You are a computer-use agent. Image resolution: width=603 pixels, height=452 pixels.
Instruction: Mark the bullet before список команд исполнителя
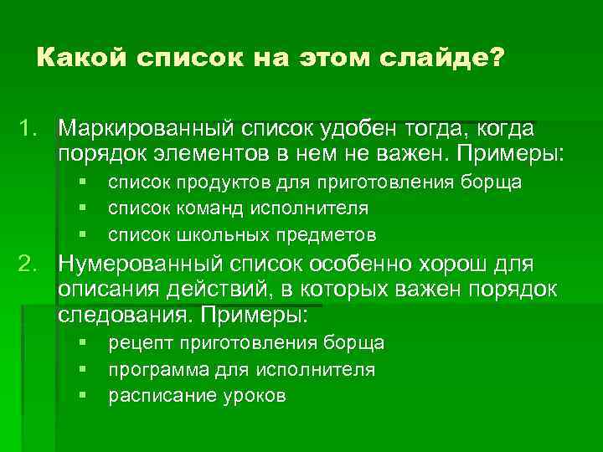pos(85,208)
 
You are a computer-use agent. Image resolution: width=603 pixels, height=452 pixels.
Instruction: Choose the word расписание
pos(156,395)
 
